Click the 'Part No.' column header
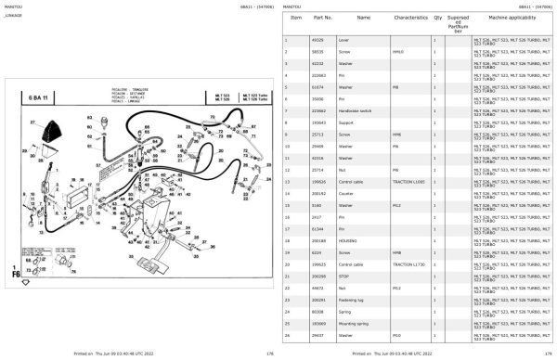323,18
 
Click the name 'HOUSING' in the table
348,240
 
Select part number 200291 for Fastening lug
319,300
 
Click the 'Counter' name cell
348,194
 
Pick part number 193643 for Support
318,122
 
